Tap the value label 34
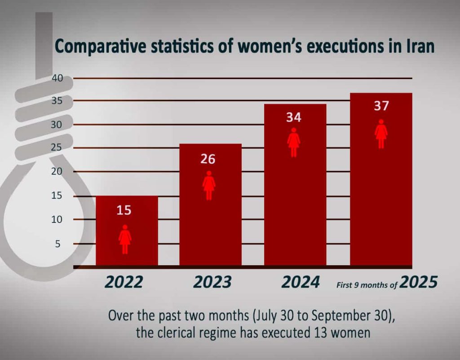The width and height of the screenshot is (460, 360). tap(294, 118)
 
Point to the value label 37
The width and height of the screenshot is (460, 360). tap(381, 107)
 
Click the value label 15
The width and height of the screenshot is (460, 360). tap(124, 210)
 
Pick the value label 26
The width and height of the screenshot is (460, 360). tap(208, 159)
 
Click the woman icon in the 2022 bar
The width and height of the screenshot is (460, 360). tap(125, 239)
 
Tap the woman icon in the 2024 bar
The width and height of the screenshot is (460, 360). tap(294, 142)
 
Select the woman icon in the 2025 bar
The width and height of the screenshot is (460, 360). tap(381, 134)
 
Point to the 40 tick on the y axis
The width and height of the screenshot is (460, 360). tap(57, 79)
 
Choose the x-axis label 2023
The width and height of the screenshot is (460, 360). tap(212, 282)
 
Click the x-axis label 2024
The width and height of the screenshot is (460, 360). tap(301, 282)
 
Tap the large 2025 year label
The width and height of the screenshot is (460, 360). tap(418, 282)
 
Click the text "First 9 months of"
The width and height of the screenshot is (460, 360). tap(367, 284)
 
